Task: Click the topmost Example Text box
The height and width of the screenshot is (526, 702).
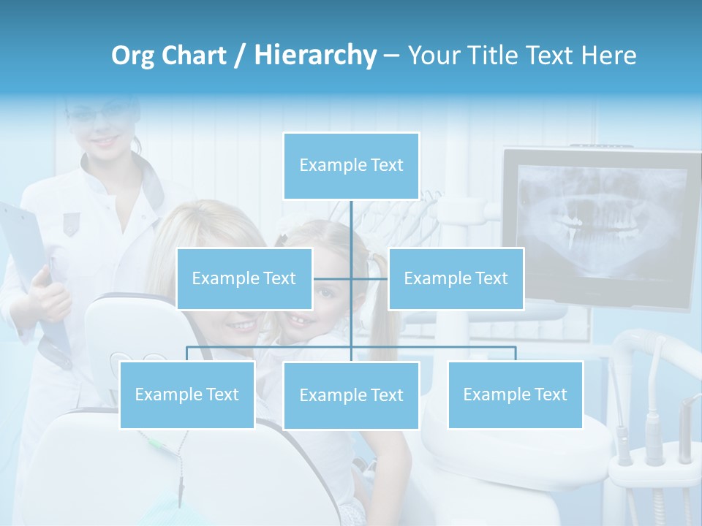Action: [x=351, y=166]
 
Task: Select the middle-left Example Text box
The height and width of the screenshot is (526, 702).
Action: [x=244, y=278]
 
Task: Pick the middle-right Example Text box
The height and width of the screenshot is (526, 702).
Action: [x=456, y=278]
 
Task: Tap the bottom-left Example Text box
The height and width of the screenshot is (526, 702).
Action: [x=187, y=394]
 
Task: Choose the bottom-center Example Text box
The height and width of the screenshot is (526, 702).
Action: [x=351, y=395]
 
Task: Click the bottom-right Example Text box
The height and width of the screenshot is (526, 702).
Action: [x=515, y=394]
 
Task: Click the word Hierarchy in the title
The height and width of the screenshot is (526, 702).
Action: [x=314, y=56]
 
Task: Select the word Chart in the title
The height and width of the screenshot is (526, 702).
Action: [x=196, y=56]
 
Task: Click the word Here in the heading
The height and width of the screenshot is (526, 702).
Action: [x=608, y=56]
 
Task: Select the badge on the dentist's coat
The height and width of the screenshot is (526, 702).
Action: [x=70, y=223]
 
